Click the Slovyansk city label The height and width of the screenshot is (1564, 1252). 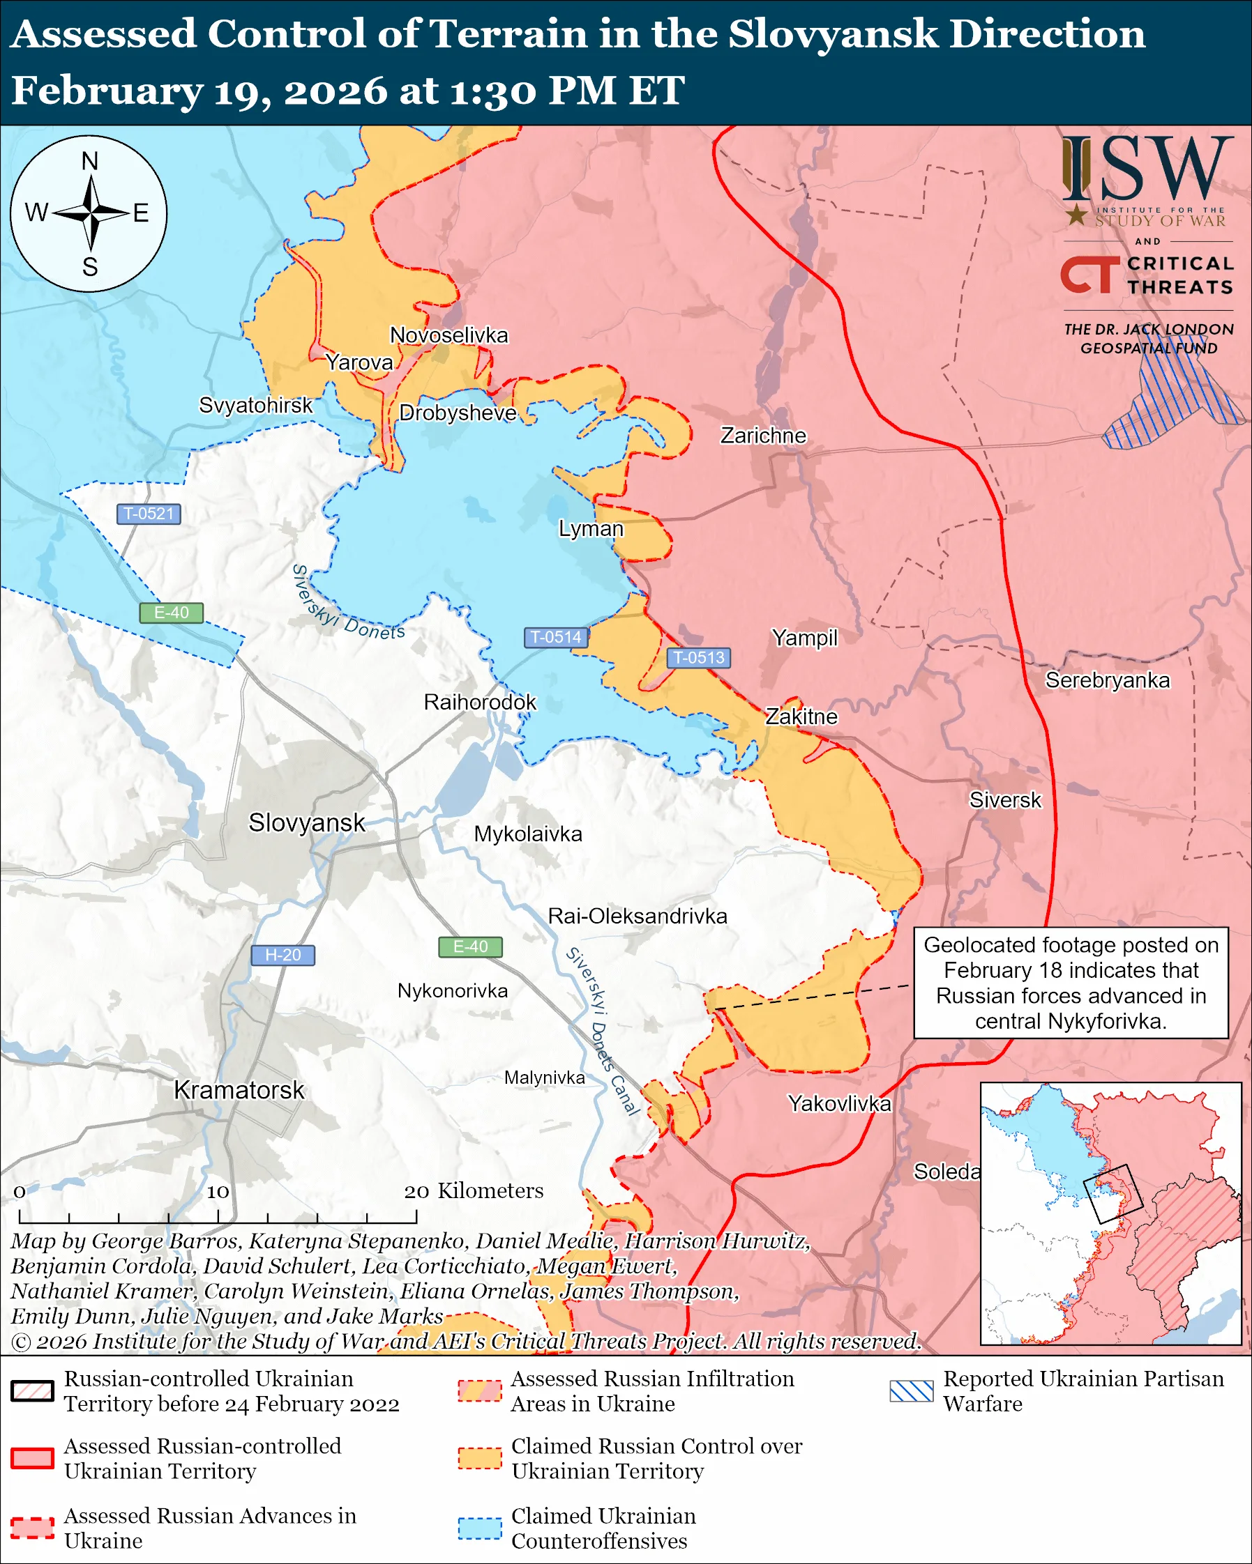coord(306,822)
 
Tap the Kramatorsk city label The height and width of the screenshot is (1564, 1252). coord(239,1089)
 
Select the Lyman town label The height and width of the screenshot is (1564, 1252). coord(590,528)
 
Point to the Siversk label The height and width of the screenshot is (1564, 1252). coord(1004,799)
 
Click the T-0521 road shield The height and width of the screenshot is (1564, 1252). coord(149,514)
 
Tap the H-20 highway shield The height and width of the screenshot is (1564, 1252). coord(282,955)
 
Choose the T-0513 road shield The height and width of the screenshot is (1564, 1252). coord(698,657)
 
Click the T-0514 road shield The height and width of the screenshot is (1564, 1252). coord(555,637)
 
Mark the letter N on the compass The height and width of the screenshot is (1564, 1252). coord(89,161)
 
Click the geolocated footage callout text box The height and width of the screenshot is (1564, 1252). coord(1071,982)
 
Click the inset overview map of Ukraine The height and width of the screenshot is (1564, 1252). coord(1110,1213)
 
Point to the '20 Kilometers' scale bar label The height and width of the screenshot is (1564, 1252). coord(473,1190)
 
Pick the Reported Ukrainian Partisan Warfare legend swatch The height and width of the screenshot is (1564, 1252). coord(911,1390)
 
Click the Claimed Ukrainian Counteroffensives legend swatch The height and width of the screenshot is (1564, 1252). coord(480,1528)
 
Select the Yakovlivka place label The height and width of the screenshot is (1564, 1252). coord(839,1103)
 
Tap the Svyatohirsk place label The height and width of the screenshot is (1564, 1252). coord(255,405)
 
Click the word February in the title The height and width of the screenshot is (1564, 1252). coord(107,91)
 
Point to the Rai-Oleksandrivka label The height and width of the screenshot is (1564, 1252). coord(637,917)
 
